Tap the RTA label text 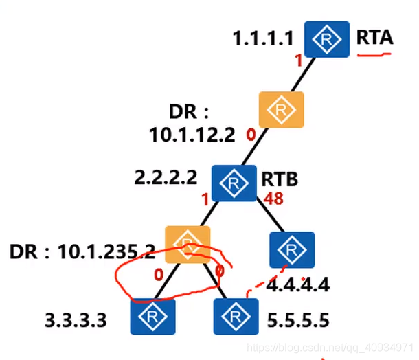[x=374, y=37]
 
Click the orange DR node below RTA [x=280, y=110]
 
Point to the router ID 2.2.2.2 [x=167, y=177]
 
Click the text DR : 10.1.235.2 [x=82, y=251]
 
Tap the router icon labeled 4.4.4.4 [x=292, y=251]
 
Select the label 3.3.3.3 [x=75, y=320]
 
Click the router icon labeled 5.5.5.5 [x=236, y=316]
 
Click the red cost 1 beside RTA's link [x=298, y=60]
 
